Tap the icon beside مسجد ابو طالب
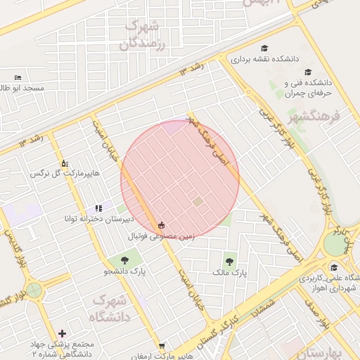18,77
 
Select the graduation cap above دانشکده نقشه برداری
264,49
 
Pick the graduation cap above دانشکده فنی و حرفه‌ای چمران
307,72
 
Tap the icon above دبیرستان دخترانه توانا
98,208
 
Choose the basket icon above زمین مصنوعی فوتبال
162,226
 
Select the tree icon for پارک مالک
230,261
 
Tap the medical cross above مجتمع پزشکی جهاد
63,333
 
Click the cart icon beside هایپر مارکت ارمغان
162,346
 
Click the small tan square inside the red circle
198,202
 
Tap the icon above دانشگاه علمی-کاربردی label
333,267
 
